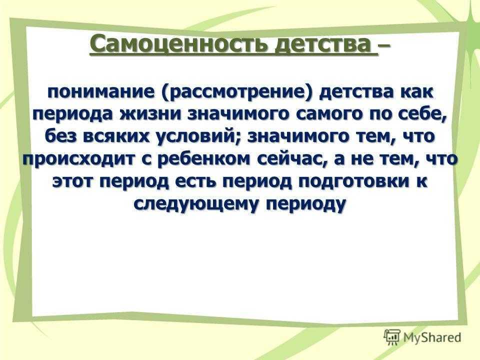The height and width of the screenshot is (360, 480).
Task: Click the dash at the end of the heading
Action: pos(384,46)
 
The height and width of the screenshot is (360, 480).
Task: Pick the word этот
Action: pos(73,182)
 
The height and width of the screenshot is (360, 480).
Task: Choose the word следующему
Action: pos(196,204)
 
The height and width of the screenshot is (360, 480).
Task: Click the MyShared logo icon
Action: pos(392,337)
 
